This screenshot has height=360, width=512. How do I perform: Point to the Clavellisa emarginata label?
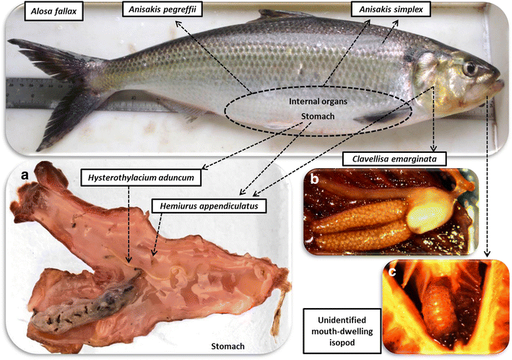(392, 157)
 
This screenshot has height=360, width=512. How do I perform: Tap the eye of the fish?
(470, 69)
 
